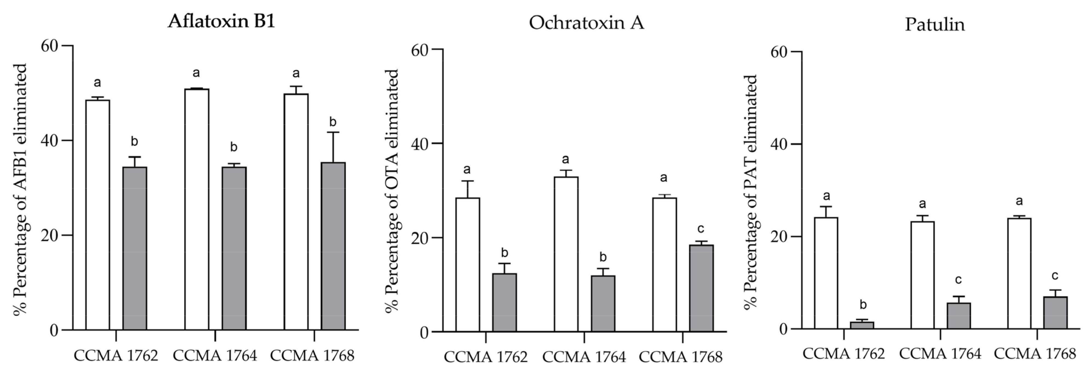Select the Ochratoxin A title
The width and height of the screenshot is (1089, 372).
pyautogui.click(x=586, y=23)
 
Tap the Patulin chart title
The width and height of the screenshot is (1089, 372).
pyautogui.click(x=935, y=25)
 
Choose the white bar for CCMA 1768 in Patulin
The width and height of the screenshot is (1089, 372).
pyautogui.click(x=1019, y=273)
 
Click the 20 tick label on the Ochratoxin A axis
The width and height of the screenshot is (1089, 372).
pyautogui.click(x=420, y=238)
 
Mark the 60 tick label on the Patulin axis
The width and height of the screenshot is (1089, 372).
pyautogui.click(x=780, y=52)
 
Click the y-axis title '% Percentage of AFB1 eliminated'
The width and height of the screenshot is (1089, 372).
pyautogui.click(x=20, y=189)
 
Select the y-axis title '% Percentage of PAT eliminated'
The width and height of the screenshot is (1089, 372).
pyautogui.click(x=750, y=192)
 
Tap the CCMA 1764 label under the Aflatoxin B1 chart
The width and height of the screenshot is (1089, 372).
pyautogui.click(x=215, y=356)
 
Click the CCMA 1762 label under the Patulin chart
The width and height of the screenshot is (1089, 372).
pyautogui.click(x=844, y=354)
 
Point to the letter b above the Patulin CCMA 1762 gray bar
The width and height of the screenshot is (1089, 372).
pyautogui.click(x=864, y=304)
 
